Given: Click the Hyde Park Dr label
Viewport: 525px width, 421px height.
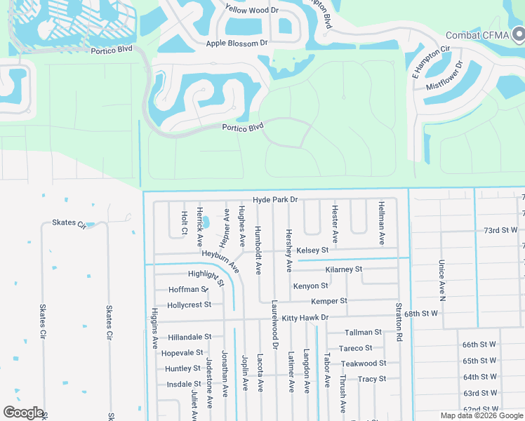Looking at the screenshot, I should point(275,200).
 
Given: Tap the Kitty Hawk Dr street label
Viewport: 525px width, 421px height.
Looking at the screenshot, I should point(305,318).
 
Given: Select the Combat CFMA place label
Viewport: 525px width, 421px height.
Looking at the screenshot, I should point(475,34).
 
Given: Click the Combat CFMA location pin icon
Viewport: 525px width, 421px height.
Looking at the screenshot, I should point(519,33).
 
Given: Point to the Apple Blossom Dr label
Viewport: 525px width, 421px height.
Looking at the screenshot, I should point(237,44).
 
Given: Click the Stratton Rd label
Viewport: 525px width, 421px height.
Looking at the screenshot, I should point(399,321).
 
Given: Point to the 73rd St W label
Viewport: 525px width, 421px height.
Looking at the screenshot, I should point(500,230).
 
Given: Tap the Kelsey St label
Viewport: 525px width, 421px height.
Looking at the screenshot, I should point(312,250).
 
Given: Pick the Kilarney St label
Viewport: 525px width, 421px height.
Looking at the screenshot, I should point(344,269).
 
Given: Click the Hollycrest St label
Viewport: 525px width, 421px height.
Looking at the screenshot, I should point(189,305).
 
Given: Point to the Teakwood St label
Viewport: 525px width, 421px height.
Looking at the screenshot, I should point(363,363).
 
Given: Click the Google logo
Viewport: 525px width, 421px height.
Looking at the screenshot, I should point(23,413).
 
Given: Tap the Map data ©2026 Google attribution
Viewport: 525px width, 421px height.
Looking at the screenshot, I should point(481,415).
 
